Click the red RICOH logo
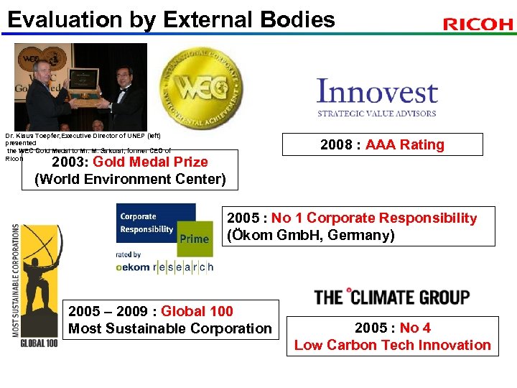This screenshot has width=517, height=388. [478, 24]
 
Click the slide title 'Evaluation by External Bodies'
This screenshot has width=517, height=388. [171, 19]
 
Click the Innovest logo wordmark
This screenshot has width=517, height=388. [377, 93]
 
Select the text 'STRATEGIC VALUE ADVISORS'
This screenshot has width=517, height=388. [377, 113]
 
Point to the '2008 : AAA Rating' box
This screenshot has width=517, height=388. [382, 144]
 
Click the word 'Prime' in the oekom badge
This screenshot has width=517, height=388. [195, 239]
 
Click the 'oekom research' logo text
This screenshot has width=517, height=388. [165, 267]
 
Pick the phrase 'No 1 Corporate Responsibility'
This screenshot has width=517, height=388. [373, 218]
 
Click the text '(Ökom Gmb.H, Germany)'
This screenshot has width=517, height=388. [310, 235]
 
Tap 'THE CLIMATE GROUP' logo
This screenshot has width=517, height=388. [391, 297]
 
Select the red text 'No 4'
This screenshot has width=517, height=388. [415, 328]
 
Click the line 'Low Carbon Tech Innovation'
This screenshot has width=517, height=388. [393, 345]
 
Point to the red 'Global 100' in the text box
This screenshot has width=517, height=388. [197, 311]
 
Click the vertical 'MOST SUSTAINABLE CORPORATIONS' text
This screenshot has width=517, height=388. [16, 280]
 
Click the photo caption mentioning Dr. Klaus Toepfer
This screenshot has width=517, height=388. [86, 143]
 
